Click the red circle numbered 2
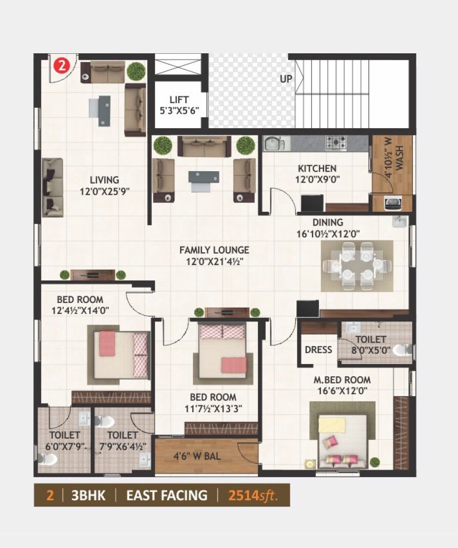pos(62,66)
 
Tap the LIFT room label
pos(179,99)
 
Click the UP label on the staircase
pos(286,79)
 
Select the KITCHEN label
pos(317,168)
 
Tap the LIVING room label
pos(104,180)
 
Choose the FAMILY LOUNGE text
pos(214,250)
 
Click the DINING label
pos(328,222)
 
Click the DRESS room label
pos(318,350)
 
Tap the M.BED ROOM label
pos(342,380)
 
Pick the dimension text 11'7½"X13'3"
pos(213,409)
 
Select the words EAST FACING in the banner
pos(167,495)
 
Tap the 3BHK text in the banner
pos(89,495)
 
